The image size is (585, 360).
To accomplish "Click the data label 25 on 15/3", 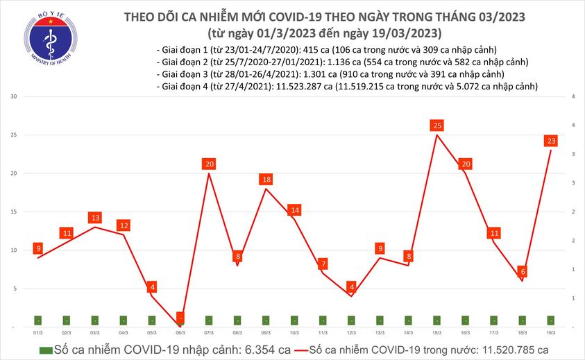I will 437,126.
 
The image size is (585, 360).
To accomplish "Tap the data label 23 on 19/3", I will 551,141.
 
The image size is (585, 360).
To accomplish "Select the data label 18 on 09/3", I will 266,180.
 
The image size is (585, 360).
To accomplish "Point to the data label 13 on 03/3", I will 94,218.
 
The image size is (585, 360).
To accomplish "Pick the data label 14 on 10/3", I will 294,209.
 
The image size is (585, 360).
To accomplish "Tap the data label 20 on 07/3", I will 209,164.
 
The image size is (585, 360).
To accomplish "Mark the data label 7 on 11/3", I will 323,264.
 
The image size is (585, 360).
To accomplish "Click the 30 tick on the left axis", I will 13,96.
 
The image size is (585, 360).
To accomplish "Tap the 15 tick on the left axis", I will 13,212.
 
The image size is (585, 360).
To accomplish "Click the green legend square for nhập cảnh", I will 46,350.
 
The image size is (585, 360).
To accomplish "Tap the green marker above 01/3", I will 37,320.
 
